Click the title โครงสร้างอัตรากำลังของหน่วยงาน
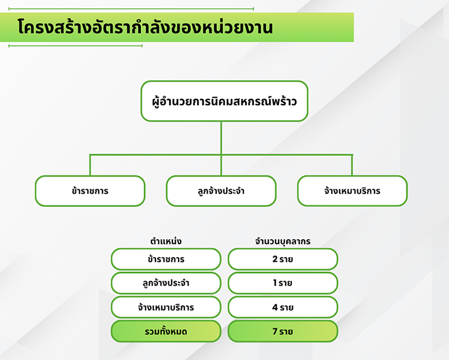click(x=145, y=27)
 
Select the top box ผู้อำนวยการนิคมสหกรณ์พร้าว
click(x=224, y=101)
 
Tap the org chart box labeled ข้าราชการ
click(x=90, y=191)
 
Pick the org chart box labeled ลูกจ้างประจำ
click(x=221, y=191)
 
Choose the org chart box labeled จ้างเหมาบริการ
click(x=352, y=191)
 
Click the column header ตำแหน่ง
click(x=166, y=241)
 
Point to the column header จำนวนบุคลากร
click(x=283, y=241)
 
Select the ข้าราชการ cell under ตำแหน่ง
click(x=166, y=259)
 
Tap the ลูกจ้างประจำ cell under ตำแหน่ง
click(x=166, y=283)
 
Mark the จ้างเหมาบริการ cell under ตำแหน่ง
click(x=166, y=307)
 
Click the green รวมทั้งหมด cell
click(x=166, y=331)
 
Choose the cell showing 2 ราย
click(x=283, y=259)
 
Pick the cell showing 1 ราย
click(x=283, y=283)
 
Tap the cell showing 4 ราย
click(x=283, y=307)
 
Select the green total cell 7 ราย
click(x=283, y=331)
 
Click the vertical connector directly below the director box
click(x=221, y=137)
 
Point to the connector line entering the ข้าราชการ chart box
click(x=90, y=165)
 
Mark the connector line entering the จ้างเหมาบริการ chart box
click(x=352, y=165)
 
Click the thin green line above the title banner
click(x=131, y=9)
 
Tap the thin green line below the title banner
click(x=75, y=46)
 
